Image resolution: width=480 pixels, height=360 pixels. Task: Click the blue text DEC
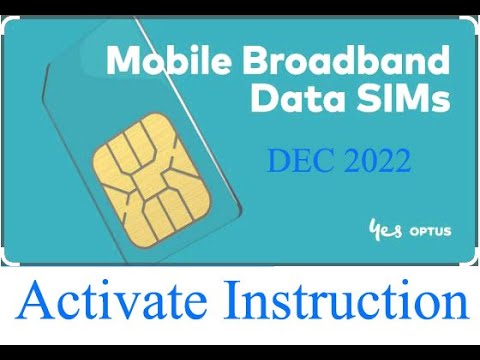(x=298, y=160)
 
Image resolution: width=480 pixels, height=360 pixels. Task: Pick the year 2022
(x=374, y=160)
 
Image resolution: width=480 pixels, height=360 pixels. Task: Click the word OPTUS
(x=427, y=231)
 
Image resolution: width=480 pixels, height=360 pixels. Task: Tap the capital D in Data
(x=264, y=101)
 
